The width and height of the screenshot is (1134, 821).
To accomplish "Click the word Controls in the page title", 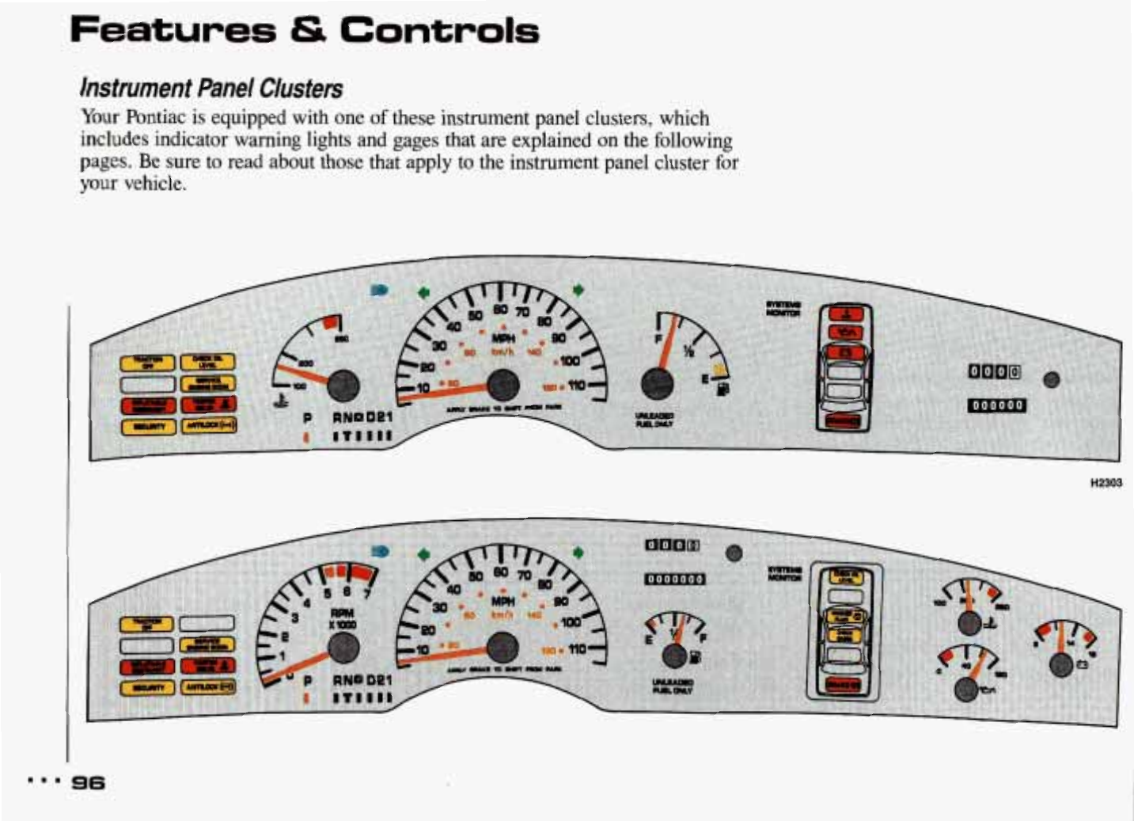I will coord(439,31).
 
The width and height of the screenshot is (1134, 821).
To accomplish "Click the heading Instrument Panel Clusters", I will coord(211,88).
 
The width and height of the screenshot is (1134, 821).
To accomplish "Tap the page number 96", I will coord(88,782).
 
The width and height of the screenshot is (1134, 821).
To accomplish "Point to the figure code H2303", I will coord(1106,483).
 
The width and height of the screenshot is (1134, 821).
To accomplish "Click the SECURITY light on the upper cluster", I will coord(148,427).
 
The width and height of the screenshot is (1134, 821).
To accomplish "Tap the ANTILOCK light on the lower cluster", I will coord(209,686).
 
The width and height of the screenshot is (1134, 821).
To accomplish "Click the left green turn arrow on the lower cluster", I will coord(424,553).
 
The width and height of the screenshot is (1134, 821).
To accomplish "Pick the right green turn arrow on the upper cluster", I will coord(578,291).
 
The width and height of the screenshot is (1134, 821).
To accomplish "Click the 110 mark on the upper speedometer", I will coord(575,386).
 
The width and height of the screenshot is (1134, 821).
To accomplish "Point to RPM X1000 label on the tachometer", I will coord(343,618).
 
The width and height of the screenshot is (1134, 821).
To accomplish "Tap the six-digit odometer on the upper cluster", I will coord(997,405).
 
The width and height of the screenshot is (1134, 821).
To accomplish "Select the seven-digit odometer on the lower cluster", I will coord(674,579).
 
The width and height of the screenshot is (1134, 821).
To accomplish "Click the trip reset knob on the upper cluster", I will coord(1051,379).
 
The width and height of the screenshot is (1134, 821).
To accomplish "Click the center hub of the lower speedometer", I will coord(503,648).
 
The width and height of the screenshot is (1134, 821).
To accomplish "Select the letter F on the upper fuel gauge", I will coord(658,339).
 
